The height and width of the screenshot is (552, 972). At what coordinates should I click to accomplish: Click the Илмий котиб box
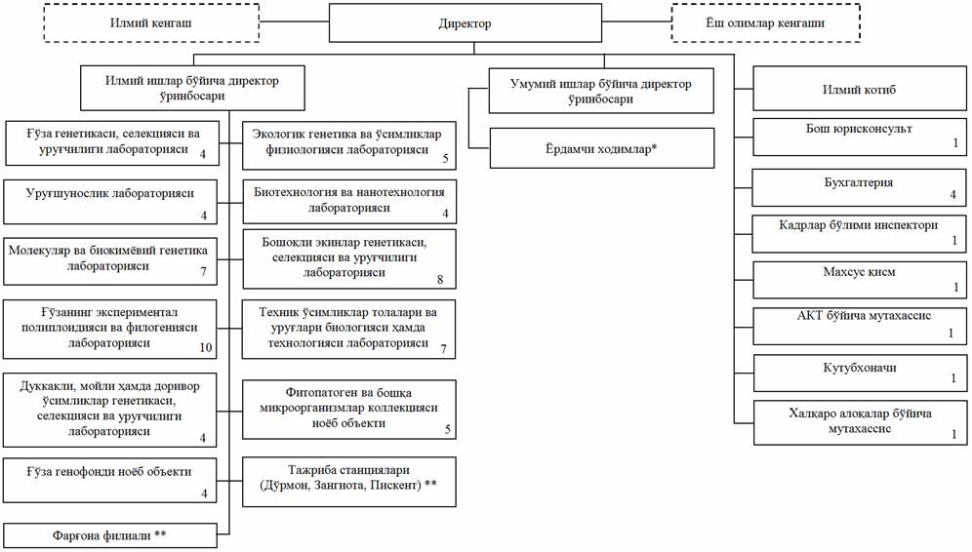(x=859, y=90)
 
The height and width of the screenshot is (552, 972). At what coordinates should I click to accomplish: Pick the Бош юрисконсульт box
(x=859, y=136)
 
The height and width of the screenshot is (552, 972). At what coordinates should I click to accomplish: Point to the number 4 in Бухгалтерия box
(x=952, y=196)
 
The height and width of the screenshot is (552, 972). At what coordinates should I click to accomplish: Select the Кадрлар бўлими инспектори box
(x=859, y=233)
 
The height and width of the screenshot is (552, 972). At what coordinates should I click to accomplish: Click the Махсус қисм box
(x=859, y=279)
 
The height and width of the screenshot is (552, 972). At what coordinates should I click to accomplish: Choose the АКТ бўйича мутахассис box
(x=859, y=325)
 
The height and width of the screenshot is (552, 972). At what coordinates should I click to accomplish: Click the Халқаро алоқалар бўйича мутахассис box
(x=859, y=422)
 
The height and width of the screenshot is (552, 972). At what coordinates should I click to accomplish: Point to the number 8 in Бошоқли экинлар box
(x=440, y=279)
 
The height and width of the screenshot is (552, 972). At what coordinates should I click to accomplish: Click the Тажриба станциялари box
(x=348, y=480)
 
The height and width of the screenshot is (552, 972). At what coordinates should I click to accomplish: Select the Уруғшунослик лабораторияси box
(x=110, y=200)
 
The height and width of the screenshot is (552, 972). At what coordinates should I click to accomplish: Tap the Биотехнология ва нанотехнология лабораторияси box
(x=348, y=200)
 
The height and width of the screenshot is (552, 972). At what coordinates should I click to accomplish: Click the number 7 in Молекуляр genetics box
(x=204, y=270)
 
